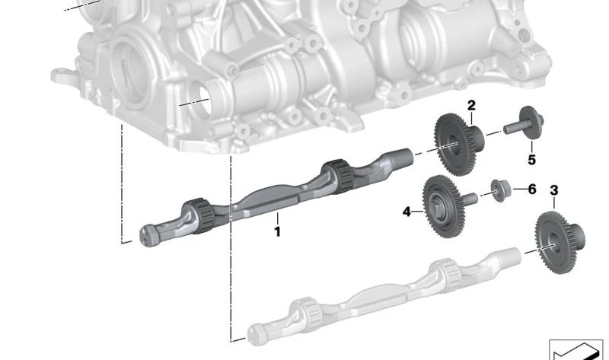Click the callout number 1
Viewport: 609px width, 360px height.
coord(277,232)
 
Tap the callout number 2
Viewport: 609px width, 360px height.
coord(471,105)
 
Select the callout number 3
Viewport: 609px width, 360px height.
coord(554,190)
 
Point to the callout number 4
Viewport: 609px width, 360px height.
coord(407,212)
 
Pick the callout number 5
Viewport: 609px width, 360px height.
coord(531,160)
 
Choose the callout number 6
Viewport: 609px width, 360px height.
coord(532,189)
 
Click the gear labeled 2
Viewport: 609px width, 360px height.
coord(458,145)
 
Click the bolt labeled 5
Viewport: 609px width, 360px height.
coord(525,123)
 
